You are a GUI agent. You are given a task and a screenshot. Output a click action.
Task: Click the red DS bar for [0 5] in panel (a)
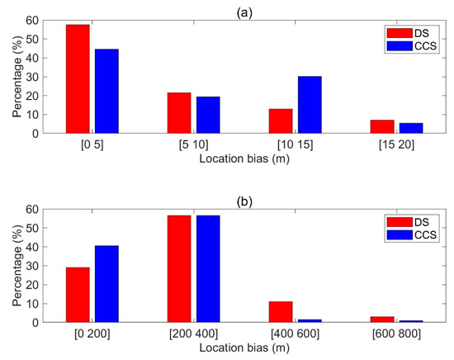click(78, 78)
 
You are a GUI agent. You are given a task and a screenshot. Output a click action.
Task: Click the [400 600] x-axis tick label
click(295, 334)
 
